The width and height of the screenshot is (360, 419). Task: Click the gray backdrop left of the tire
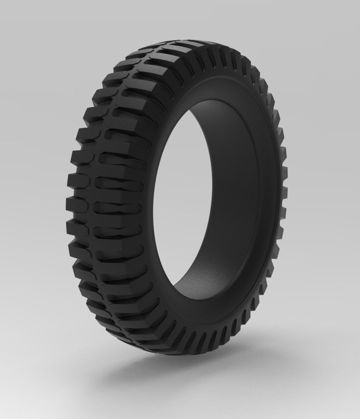tap(30, 187)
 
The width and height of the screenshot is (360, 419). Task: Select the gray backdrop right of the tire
tap(329, 187)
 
